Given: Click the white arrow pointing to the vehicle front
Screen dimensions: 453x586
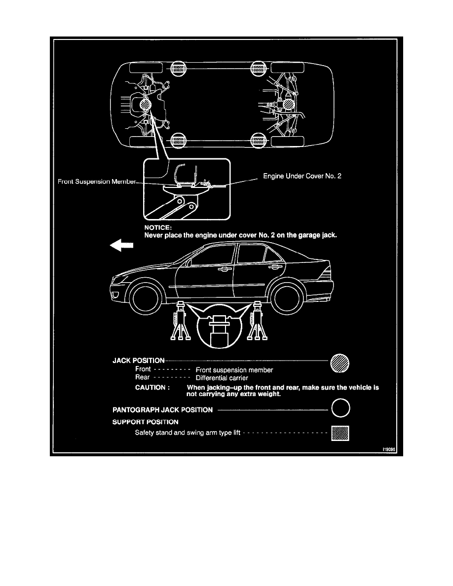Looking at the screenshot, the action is click(121, 246).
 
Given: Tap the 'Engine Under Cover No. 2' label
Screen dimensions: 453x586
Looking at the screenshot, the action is click(302, 176).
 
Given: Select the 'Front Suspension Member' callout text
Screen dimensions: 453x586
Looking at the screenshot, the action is click(97, 182).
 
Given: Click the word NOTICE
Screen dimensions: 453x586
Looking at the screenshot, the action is click(158, 227).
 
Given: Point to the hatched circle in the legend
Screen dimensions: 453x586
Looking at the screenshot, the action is click(340, 363).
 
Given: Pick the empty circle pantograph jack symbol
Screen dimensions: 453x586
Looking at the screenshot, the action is click(340, 408).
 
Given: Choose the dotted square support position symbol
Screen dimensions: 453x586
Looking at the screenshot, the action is click(340, 434).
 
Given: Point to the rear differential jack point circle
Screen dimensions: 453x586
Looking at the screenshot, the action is click(288, 104).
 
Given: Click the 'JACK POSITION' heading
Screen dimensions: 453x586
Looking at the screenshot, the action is click(139, 361).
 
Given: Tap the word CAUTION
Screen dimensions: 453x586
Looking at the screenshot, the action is click(152, 388).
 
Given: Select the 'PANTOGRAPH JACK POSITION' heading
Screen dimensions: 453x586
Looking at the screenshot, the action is click(162, 410).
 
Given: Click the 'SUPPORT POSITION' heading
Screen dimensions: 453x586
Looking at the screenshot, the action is click(146, 422).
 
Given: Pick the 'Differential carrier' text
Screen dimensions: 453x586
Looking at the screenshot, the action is click(222, 378).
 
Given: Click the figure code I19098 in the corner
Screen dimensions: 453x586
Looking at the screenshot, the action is click(389, 449).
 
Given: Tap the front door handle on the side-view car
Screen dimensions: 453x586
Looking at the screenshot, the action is click(225, 269).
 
